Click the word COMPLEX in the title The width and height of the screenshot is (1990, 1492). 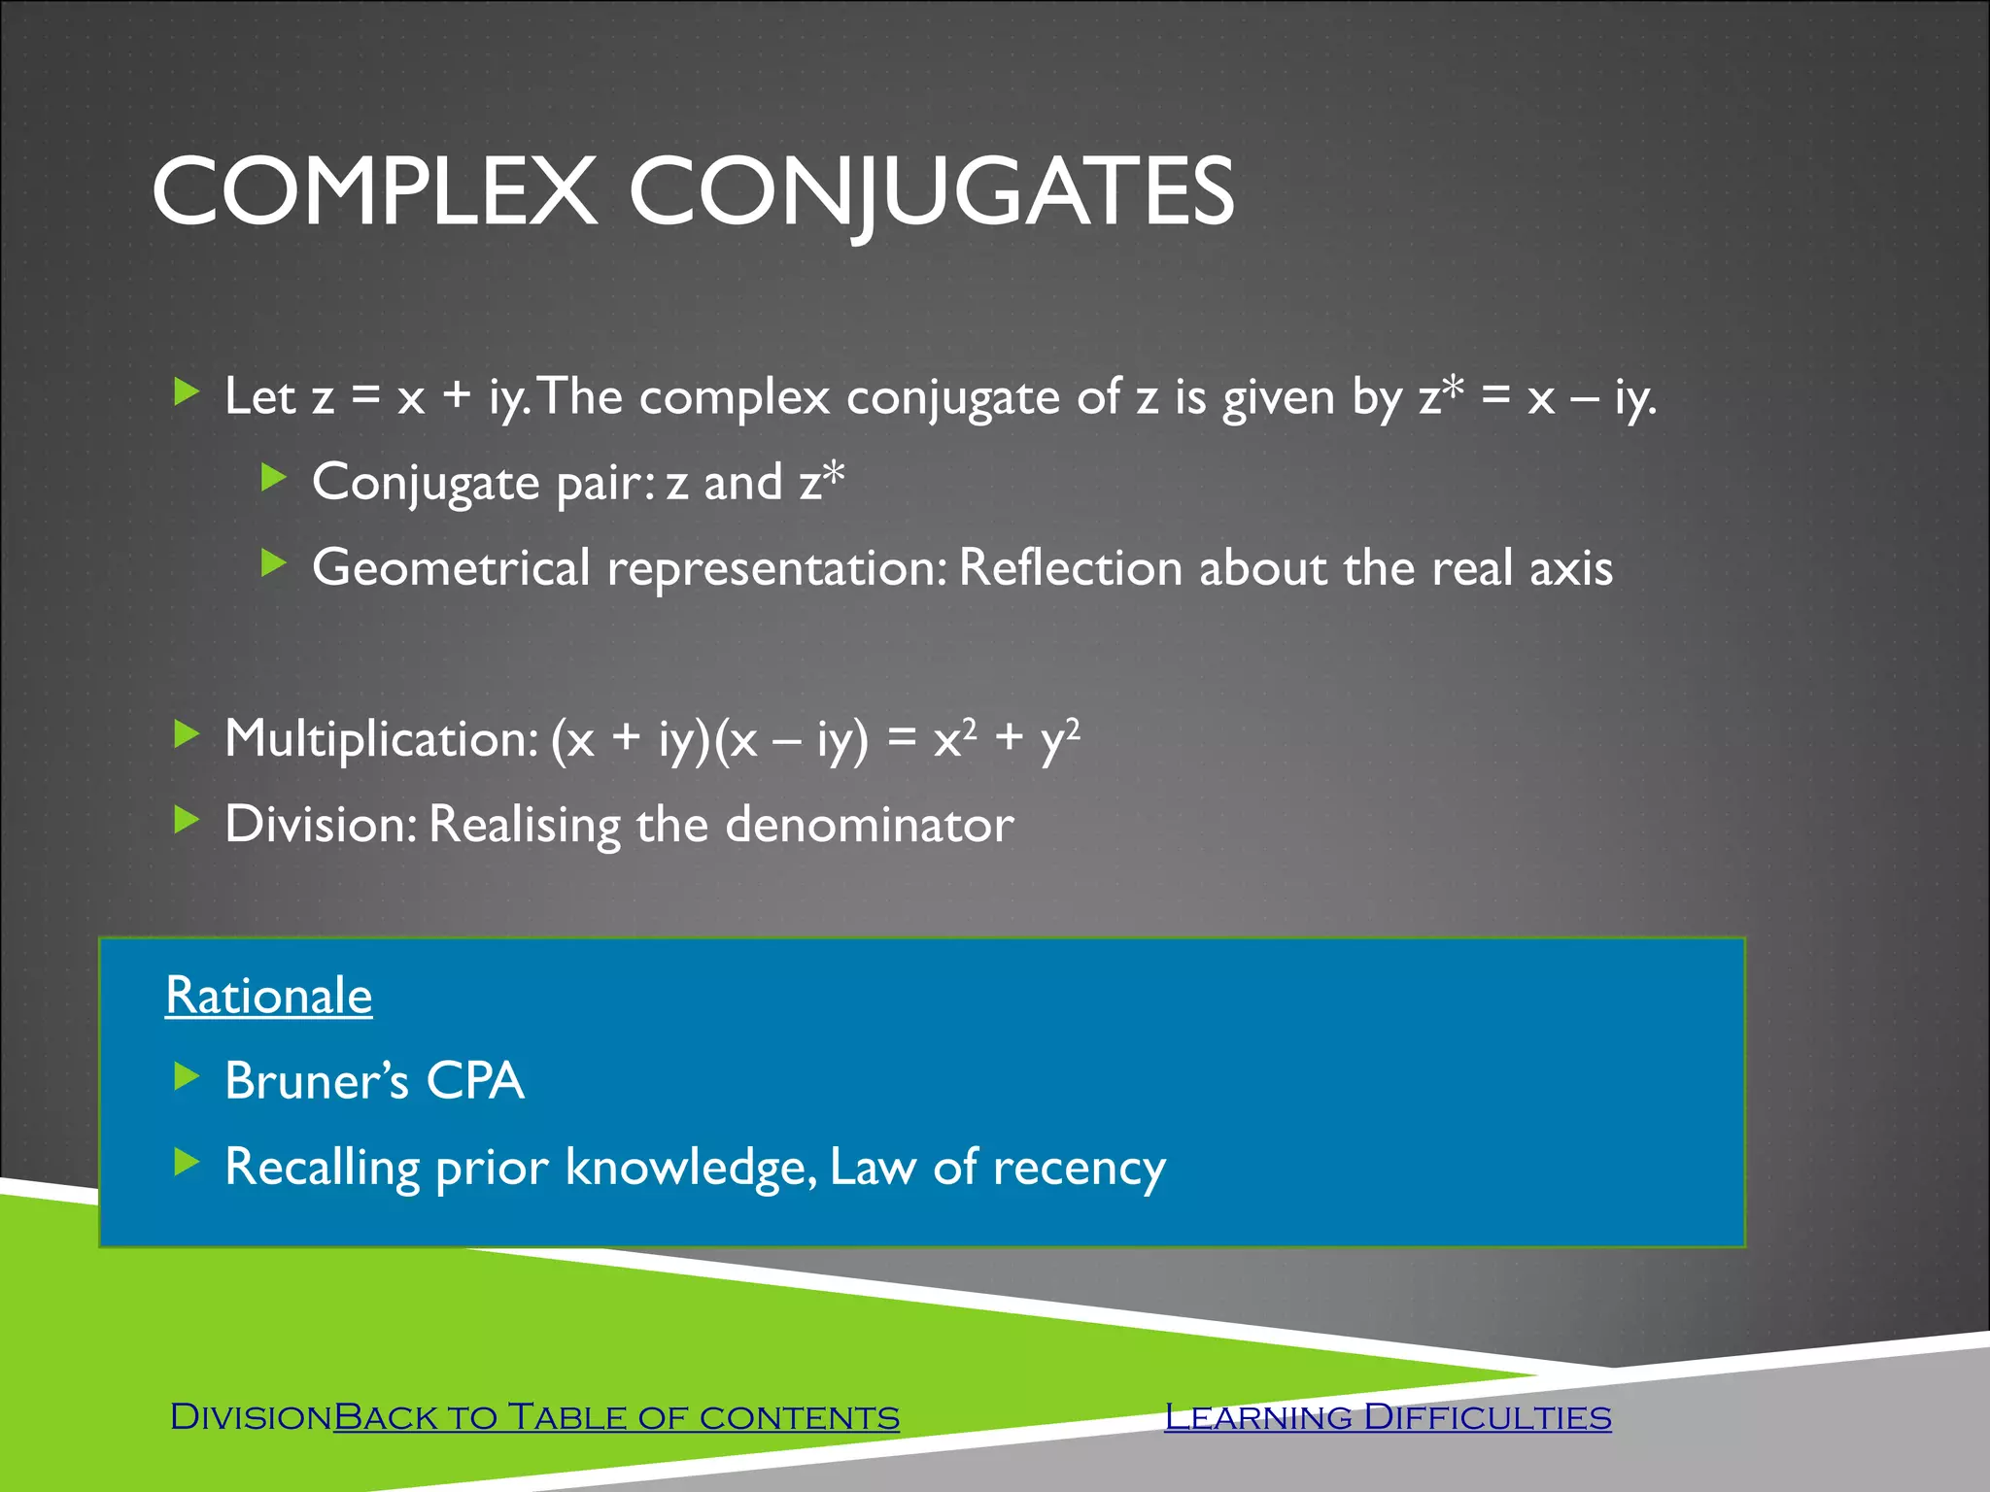point(374,191)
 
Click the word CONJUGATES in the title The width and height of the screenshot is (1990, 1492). point(931,191)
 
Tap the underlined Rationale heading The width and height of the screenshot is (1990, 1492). point(268,996)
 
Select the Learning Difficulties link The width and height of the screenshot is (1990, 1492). point(1388,1417)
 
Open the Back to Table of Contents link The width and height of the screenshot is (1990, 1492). point(616,1417)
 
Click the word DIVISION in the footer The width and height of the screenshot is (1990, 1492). point(251,1417)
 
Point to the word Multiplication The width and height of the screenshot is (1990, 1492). point(380,738)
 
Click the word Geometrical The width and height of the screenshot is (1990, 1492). point(451,567)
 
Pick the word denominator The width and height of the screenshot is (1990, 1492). point(869,825)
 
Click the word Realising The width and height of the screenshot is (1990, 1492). point(524,825)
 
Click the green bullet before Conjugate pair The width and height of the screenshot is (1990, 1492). point(274,477)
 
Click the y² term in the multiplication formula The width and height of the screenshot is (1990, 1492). point(1058,738)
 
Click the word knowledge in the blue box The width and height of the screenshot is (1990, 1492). point(690,1168)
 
